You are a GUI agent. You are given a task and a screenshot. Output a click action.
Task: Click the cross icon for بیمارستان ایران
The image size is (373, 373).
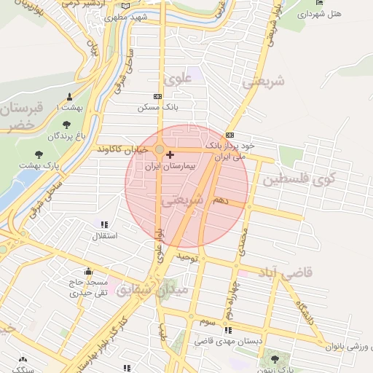tap(170, 154)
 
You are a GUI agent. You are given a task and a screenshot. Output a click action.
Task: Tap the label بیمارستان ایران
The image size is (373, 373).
tap(170, 167)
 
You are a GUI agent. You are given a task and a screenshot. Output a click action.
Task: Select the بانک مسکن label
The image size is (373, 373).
tap(157, 107)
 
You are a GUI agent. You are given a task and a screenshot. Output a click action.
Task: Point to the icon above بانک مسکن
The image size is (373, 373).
tap(157, 96)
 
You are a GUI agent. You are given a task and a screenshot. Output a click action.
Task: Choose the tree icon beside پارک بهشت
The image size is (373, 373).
tap(39, 154)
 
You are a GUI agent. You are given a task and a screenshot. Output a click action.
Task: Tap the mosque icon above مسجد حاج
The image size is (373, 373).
tap(89, 272)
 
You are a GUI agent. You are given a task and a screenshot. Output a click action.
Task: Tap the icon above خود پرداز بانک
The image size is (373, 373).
tap(230, 135)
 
